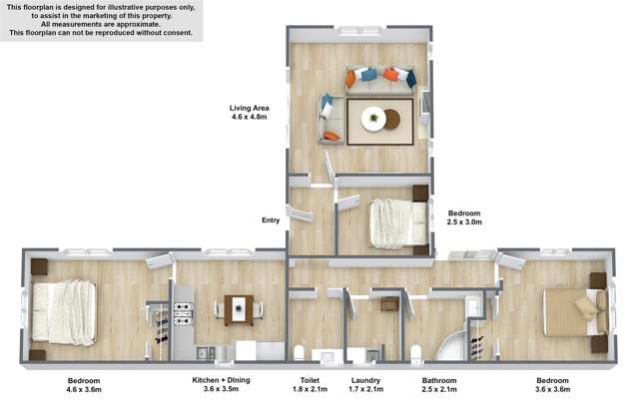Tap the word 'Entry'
coord(271,220)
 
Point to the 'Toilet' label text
coord(310,381)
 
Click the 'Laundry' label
coord(366,381)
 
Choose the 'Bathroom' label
coord(438,381)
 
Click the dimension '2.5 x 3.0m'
coord(464,223)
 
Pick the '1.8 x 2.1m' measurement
coord(310,391)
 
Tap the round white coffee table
coord(374,119)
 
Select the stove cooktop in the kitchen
coord(183,313)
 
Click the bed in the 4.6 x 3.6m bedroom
coord(63,309)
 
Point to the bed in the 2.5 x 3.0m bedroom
coord(397,222)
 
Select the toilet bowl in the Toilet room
coord(301,350)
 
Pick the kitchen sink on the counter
coord(204,350)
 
